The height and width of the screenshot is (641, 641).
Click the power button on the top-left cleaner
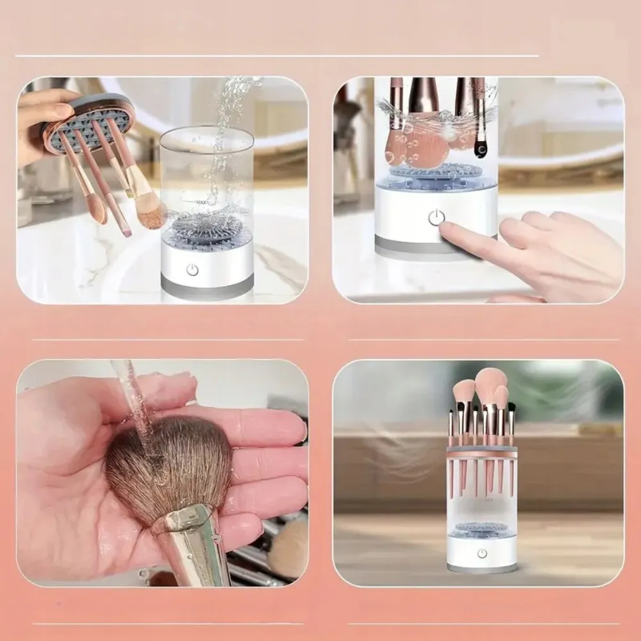click(192, 270)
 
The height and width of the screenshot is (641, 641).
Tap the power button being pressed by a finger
click(436, 218)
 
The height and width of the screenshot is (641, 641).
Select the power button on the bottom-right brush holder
click(482, 553)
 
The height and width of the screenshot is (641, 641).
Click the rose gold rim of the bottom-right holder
click(482, 453)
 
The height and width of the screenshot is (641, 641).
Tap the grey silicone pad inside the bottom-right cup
click(481, 529)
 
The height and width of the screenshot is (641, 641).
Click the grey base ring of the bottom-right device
click(482, 568)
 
